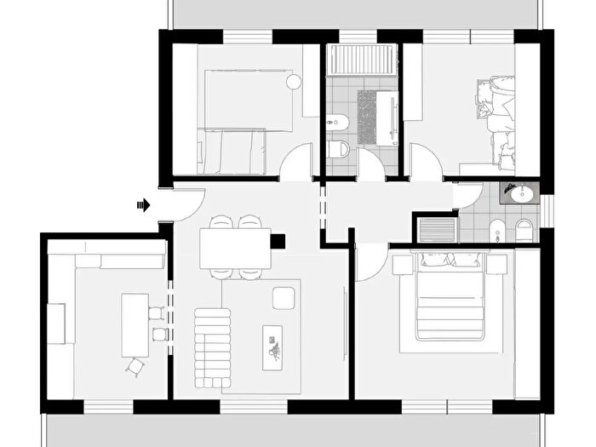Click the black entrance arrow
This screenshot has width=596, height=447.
(144, 204)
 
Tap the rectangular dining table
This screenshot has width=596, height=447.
(235, 249)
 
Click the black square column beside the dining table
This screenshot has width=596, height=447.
(278, 241)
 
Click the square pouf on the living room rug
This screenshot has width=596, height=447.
(283, 298)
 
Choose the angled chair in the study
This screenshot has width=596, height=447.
(135, 366)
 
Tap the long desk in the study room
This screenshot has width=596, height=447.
(135, 324)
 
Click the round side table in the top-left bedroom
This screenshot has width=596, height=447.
(294, 83)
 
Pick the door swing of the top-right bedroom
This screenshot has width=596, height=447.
(425, 162)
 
